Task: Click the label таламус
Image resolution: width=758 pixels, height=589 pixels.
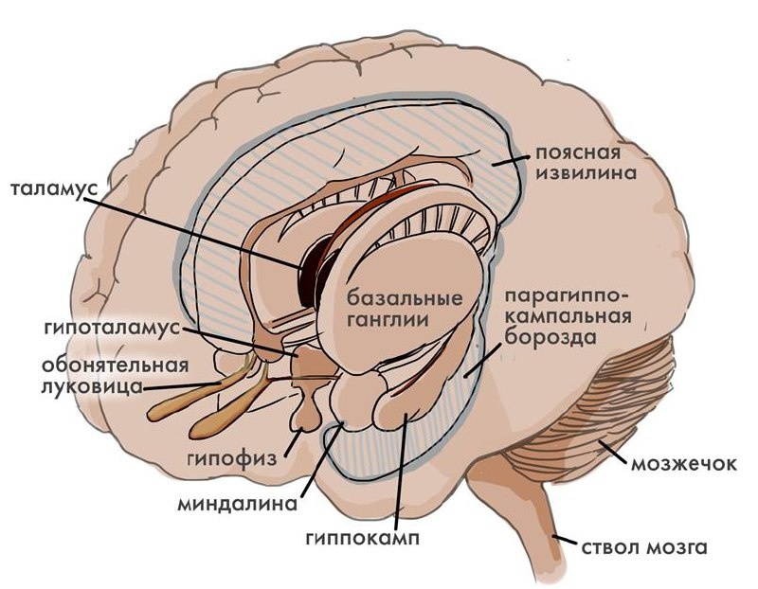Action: tap(55, 188)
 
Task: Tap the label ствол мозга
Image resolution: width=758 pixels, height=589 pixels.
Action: tap(644, 548)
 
